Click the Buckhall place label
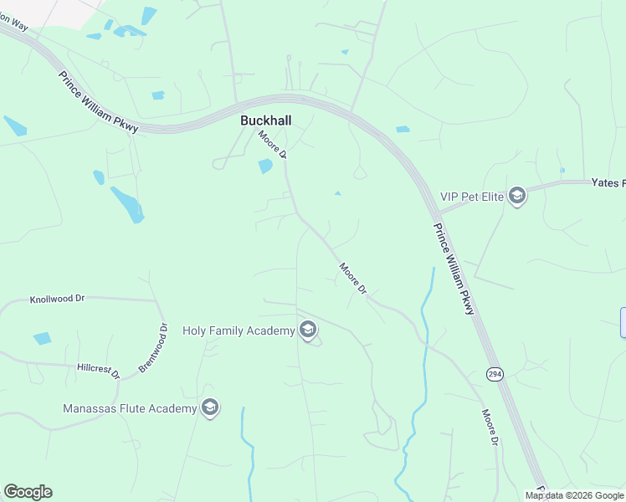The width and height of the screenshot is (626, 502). [266, 120]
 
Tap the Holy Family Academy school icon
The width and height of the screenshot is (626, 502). [308, 330]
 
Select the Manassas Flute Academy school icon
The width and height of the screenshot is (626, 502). [210, 407]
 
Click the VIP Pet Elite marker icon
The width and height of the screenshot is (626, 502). [516, 197]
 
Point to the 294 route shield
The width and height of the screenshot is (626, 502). [495, 374]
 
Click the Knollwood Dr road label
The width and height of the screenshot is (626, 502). [58, 298]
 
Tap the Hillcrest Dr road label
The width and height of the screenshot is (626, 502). [99, 368]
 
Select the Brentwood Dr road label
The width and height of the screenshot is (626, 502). [152, 348]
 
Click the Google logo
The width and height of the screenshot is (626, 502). [28, 492]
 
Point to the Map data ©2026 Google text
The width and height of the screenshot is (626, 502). [574, 495]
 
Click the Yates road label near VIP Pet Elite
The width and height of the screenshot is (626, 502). [608, 182]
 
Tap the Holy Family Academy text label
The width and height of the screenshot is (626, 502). [239, 330]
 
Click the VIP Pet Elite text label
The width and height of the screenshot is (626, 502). [472, 197]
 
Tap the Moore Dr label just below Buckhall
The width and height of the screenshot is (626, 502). [274, 145]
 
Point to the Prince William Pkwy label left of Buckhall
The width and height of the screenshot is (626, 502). [98, 100]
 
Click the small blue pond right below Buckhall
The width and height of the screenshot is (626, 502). [265, 166]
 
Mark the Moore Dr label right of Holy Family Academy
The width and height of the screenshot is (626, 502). [353, 279]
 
